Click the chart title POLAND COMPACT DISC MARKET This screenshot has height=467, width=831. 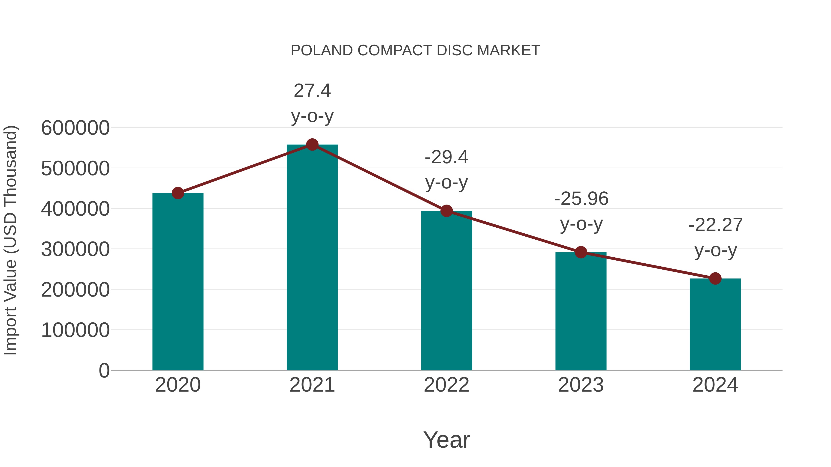pos(415,51)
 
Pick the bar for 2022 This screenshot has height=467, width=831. pos(446,290)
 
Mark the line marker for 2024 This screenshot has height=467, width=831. pos(715,278)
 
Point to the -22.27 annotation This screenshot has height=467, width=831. pos(716,238)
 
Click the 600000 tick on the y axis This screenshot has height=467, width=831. pos(75,128)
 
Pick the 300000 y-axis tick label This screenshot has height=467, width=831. pos(75,249)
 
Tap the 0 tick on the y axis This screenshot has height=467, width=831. pos(104,371)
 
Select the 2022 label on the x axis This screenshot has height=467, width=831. pos(446,385)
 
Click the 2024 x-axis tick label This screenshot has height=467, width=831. pos(715,385)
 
